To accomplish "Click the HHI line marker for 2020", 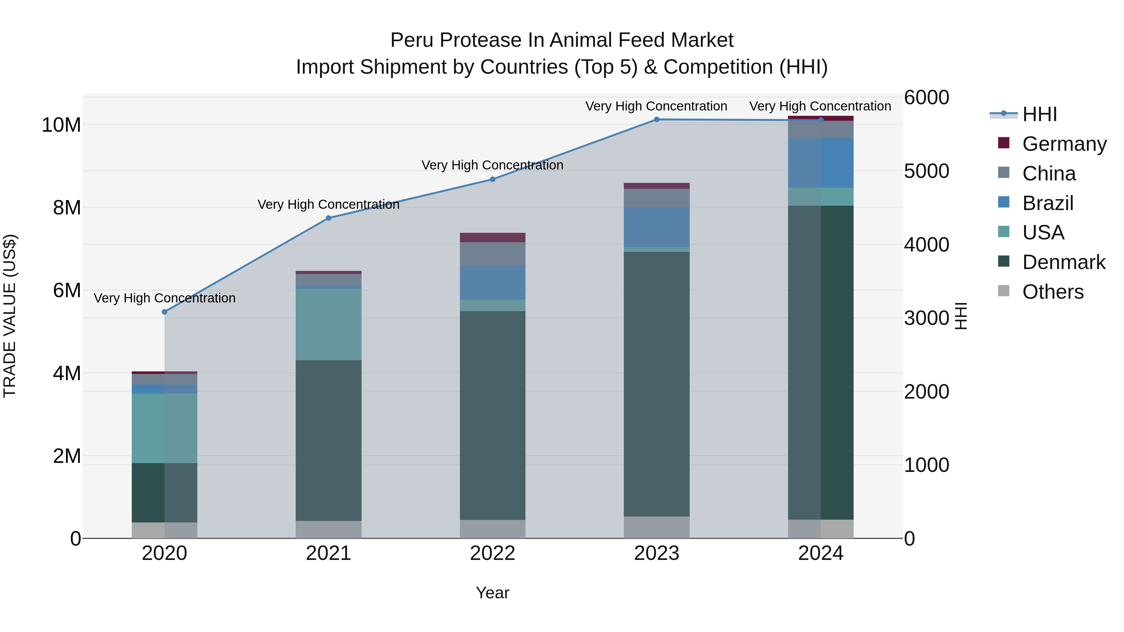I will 165,312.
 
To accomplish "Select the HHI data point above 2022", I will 493,179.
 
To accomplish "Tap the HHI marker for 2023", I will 657,120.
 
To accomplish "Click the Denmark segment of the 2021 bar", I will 328,440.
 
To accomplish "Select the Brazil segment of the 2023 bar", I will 657,227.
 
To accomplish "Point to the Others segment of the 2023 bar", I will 657,527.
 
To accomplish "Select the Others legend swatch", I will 1003,291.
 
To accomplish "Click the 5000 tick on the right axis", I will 926,171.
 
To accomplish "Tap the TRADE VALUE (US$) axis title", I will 10,316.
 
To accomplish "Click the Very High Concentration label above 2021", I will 328,204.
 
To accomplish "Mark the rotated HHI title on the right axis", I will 961,316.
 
